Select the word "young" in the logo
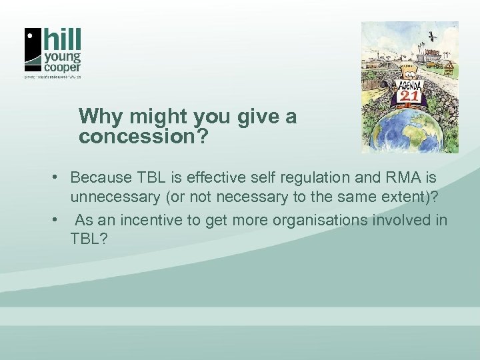pyautogui.click(x=63, y=55)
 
